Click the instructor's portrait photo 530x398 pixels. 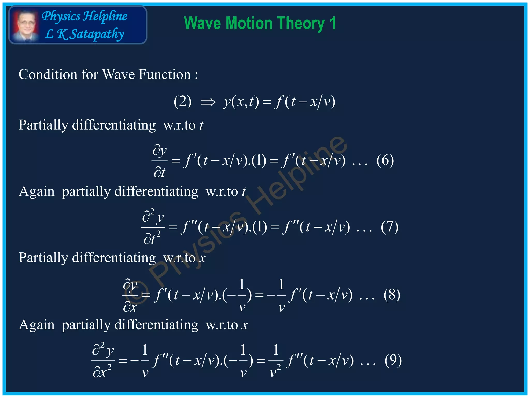point(25,25)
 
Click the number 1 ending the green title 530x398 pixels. point(333,23)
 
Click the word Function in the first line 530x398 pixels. point(165,75)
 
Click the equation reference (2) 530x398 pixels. point(183,102)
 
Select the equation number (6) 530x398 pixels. point(385,160)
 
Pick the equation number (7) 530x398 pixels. point(389,227)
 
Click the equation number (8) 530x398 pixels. point(392,295)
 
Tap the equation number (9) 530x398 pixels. point(393,360)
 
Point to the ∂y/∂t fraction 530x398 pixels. point(159,161)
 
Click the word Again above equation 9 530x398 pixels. point(36,325)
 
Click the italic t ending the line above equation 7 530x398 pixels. point(244,192)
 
